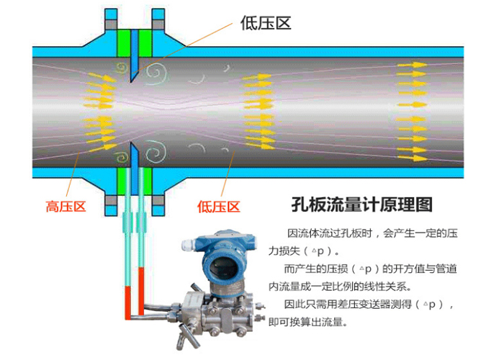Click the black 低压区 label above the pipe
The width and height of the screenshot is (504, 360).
tap(265, 22)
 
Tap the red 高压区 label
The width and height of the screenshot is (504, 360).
tap(66, 207)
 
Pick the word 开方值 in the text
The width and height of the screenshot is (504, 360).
tap(405, 269)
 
